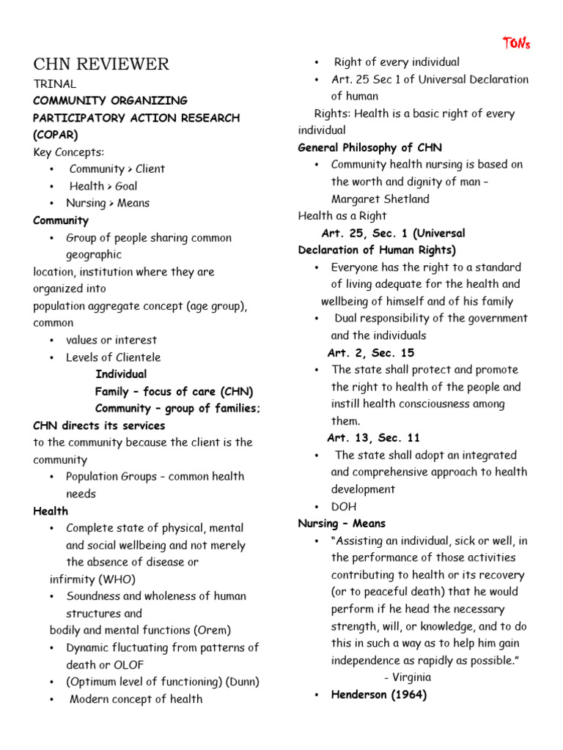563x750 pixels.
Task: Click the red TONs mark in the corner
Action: click(x=516, y=43)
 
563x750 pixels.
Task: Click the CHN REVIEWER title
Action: click(x=101, y=64)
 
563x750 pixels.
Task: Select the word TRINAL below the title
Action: click(x=54, y=83)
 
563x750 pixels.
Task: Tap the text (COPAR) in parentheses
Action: click(x=56, y=135)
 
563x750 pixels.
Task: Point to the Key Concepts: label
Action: click(x=69, y=152)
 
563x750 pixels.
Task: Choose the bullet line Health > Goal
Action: click(x=103, y=186)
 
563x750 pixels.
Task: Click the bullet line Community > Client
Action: click(x=117, y=168)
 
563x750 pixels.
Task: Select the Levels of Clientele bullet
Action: click(x=113, y=357)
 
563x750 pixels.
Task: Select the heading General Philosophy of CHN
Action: click(x=369, y=147)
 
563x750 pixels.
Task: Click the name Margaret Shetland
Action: click(x=380, y=198)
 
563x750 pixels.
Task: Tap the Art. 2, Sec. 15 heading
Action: click(x=370, y=353)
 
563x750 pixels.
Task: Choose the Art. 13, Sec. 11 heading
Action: click(x=373, y=438)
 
